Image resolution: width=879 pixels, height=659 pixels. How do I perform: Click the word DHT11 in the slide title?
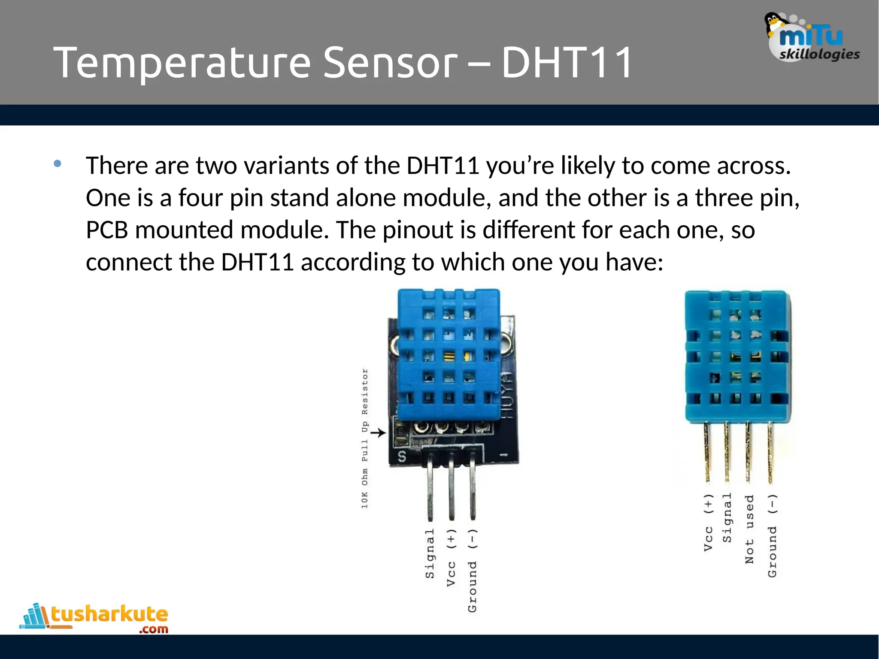tap(567, 63)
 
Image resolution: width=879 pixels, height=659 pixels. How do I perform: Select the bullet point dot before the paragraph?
tap(58, 163)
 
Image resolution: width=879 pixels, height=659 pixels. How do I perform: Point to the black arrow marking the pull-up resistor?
tap(378, 433)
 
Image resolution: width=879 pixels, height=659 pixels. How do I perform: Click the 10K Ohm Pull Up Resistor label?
tap(364, 438)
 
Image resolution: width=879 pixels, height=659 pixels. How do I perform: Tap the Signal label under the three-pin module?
tap(430, 553)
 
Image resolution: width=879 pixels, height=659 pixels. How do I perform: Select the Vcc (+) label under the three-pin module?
tap(451, 558)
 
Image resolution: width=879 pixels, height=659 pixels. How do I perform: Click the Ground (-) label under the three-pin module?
tap(472, 571)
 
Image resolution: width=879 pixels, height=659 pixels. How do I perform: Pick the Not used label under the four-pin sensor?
tap(749, 529)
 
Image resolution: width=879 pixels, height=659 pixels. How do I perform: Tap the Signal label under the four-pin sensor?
tap(727, 517)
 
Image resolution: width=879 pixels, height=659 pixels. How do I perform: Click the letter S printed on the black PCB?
tap(402, 457)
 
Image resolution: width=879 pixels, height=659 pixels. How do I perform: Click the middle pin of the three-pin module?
tap(451, 489)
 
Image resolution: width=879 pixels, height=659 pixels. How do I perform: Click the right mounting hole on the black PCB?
tap(506, 343)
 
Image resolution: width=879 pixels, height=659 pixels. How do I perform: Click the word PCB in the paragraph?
tap(107, 230)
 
